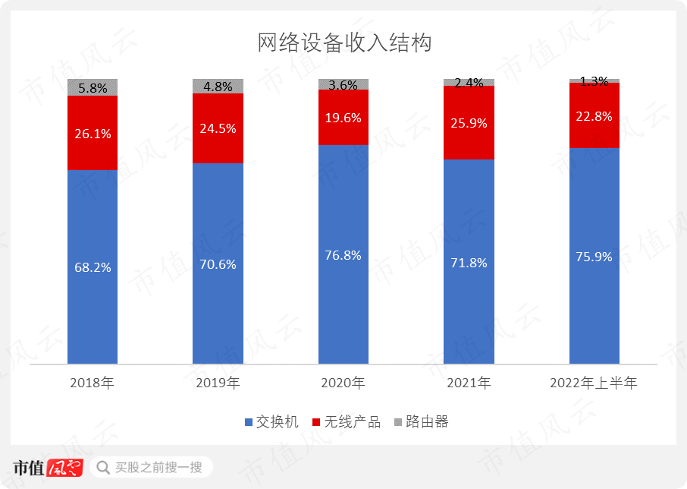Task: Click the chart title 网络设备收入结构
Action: pos(344,43)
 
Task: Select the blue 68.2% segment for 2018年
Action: pos(93,266)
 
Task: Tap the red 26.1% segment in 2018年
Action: pos(93,133)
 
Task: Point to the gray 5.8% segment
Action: pos(93,87)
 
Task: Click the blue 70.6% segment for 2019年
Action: pos(218,263)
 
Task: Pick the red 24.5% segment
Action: pos(218,128)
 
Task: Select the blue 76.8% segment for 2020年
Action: pos(343,254)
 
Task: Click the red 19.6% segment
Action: pos(343,117)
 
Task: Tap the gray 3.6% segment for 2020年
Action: pos(343,84)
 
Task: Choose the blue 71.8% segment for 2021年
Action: pos(469,262)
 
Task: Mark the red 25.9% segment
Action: pos(469,122)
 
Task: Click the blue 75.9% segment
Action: pos(594,256)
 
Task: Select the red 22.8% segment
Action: pos(594,115)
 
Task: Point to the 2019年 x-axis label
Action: pos(218,383)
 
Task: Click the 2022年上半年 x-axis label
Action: pos(594,383)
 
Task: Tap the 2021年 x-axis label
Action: pos(469,383)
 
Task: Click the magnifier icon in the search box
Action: pos(102,467)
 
